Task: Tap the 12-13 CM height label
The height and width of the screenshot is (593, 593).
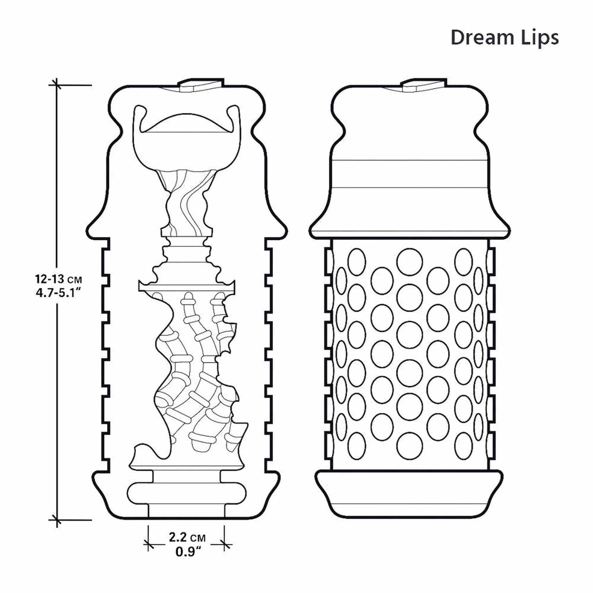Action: click(x=59, y=278)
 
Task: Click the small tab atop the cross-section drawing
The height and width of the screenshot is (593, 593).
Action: click(x=201, y=84)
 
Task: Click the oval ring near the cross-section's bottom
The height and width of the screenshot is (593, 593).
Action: click(x=186, y=494)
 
